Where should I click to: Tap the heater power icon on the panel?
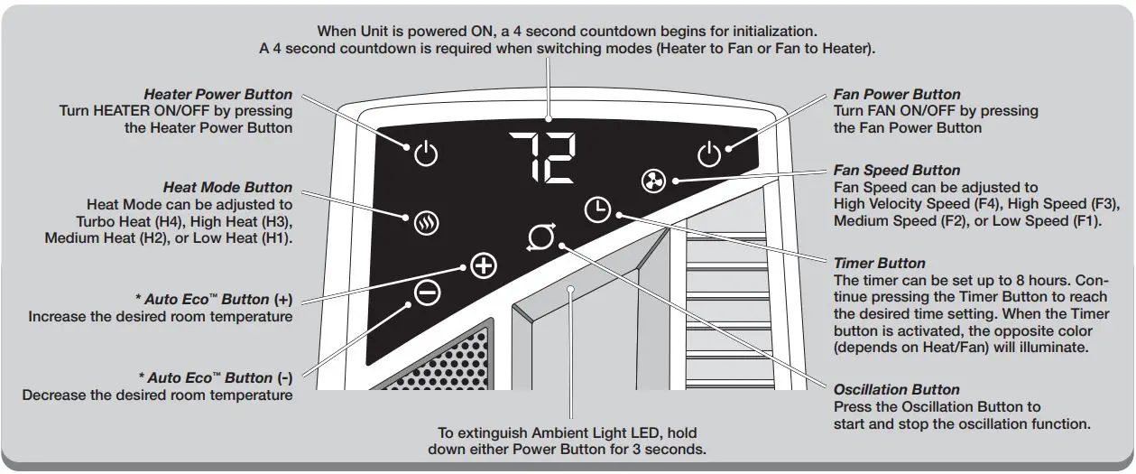[x=426, y=154]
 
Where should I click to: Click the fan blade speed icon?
[x=653, y=181]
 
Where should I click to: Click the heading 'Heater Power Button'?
[x=217, y=95]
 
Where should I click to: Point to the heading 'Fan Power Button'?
[x=897, y=95]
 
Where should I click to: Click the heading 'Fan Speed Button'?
[x=897, y=171]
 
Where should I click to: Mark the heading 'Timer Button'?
[x=880, y=264]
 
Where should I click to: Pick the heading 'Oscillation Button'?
[x=897, y=390]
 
